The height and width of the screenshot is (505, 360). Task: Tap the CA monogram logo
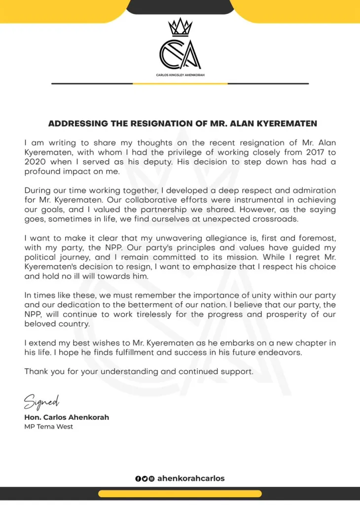(x=180, y=53)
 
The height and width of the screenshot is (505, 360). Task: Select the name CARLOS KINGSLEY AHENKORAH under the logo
(x=180, y=75)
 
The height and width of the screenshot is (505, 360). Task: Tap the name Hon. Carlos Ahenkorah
(x=67, y=417)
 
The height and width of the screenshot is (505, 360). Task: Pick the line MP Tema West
(x=48, y=427)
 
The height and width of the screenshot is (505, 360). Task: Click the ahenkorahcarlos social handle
(x=191, y=478)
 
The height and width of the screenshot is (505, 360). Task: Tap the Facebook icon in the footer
(x=138, y=478)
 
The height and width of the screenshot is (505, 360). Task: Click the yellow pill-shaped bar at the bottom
(x=180, y=493)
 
